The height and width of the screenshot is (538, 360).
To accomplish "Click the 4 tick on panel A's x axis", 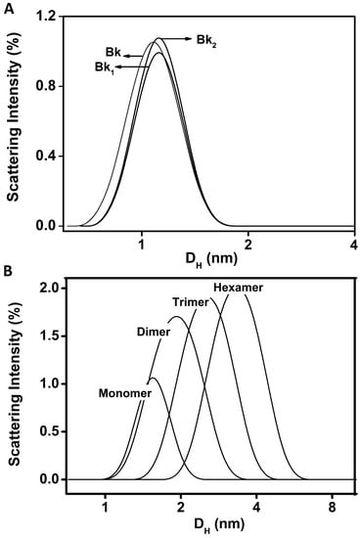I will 352,243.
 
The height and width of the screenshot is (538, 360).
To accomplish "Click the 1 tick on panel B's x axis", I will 105,509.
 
